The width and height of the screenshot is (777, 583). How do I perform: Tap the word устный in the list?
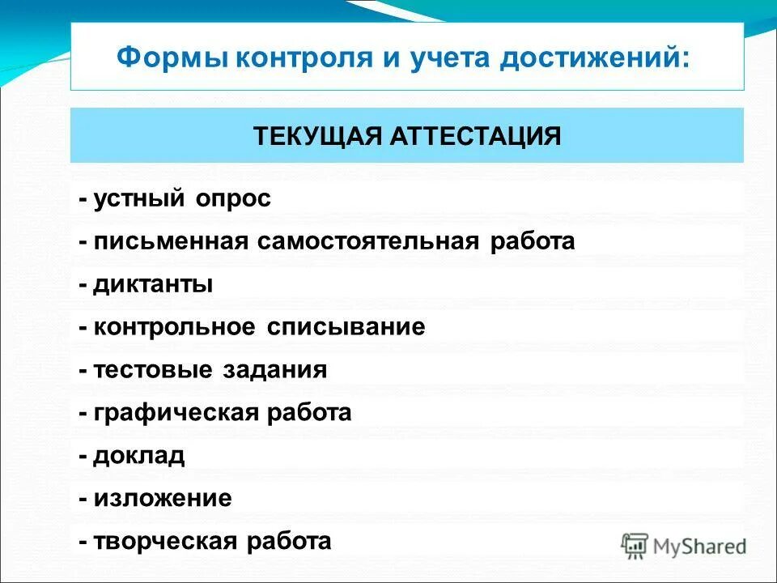(x=138, y=199)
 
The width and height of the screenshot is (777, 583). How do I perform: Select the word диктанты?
(x=153, y=285)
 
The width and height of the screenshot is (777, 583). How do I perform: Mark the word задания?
(x=274, y=370)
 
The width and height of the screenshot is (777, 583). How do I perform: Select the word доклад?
(x=139, y=455)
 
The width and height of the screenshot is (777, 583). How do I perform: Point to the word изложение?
(x=163, y=498)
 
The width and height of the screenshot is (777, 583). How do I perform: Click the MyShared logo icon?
(x=635, y=544)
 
